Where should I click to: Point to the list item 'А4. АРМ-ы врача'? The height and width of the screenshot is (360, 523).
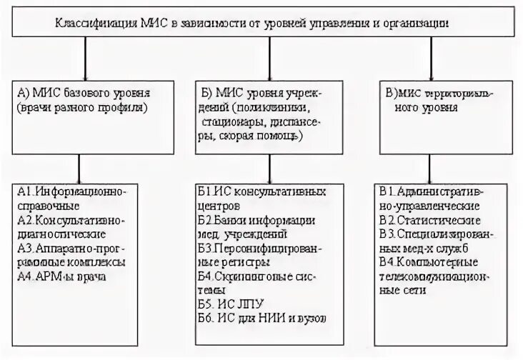point(61,276)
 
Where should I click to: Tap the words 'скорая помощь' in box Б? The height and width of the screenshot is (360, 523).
point(272,134)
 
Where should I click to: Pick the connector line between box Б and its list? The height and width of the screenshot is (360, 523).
point(269,164)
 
